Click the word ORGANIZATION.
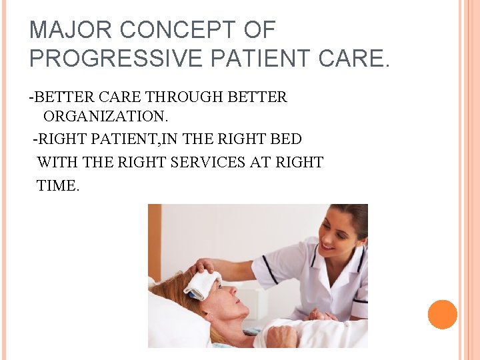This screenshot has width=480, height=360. point(105,116)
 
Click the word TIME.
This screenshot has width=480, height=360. point(58,186)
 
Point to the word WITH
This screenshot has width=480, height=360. point(55,162)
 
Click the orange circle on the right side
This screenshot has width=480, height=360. point(442,315)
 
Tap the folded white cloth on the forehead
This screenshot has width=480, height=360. point(203,284)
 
